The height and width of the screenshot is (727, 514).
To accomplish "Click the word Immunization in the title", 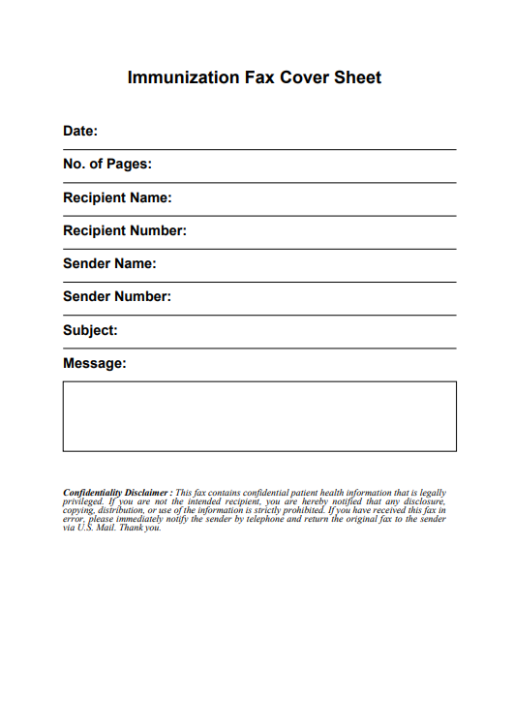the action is coord(183,77).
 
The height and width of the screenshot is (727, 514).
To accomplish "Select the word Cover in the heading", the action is coord(305,77).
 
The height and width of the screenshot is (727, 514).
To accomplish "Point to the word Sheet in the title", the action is coord(358,77).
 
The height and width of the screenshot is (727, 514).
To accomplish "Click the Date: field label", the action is coord(80,131).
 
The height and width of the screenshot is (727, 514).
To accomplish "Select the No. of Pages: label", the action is coord(107,165).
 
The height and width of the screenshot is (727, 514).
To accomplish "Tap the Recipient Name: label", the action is coord(117,197).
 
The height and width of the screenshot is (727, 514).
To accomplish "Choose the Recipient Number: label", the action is coord(125,230).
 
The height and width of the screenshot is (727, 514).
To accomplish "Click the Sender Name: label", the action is coord(109,263).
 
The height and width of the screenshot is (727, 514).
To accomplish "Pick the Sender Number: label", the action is coord(117,296).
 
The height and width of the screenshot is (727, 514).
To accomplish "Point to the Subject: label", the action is coord(90,330).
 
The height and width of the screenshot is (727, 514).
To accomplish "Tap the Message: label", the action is coord(95,363).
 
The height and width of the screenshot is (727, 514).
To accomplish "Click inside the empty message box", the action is coord(259,416).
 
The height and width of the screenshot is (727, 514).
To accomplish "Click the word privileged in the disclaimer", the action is coord(83,501).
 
